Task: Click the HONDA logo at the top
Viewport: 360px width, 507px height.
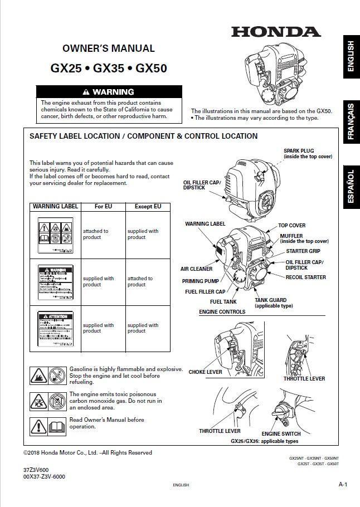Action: (x=276, y=32)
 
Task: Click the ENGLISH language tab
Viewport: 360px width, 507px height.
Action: (x=351, y=56)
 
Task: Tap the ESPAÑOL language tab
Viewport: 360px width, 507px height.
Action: (x=351, y=189)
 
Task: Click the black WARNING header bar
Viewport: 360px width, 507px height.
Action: (x=109, y=92)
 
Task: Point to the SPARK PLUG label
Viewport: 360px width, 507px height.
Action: (x=299, y=150)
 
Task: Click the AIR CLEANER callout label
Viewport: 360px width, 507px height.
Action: (x=196, y=269)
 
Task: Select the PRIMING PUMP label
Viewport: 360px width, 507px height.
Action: (x=200, y=281)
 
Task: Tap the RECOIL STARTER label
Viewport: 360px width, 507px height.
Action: (x=305, y=277)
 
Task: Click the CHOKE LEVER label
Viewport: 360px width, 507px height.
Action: (x=205, y=372)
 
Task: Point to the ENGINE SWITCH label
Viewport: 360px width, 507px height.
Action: (x=281, y=433)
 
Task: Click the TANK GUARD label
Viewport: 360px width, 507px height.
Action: (x=270, y=300)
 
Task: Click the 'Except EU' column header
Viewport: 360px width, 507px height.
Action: (x=148, y=206)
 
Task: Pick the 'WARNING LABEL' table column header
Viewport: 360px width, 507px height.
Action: (x=55, y=206)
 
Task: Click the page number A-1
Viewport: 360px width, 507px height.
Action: (x=343, y=484)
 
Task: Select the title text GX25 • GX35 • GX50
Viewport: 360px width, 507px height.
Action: (x=109, y=69)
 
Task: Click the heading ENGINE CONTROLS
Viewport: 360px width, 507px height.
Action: (x=222, y=312)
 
